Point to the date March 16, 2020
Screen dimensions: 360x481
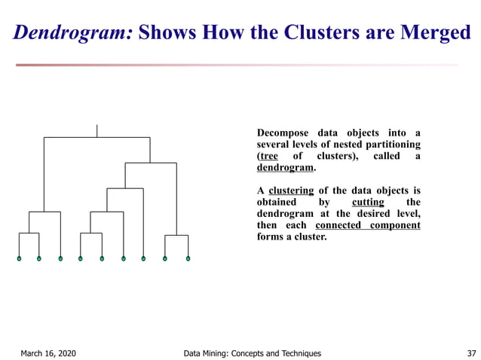[47, 353]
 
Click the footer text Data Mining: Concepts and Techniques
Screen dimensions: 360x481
[252, 353]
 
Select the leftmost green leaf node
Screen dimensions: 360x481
[20, 259]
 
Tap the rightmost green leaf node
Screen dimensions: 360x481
[188, 259]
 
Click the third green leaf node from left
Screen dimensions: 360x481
[60, 259]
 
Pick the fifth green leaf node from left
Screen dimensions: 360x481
[102, 259]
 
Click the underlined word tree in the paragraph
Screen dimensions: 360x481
[268, 156]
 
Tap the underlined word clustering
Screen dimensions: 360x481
[290, 191]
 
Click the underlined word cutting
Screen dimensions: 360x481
[368, 203]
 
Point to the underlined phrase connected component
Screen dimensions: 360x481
[367, 225]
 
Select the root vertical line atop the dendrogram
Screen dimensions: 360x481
[97, 130]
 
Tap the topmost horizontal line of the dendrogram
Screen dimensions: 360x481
[97, 138]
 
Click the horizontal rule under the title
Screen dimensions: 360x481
[237, 65]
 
